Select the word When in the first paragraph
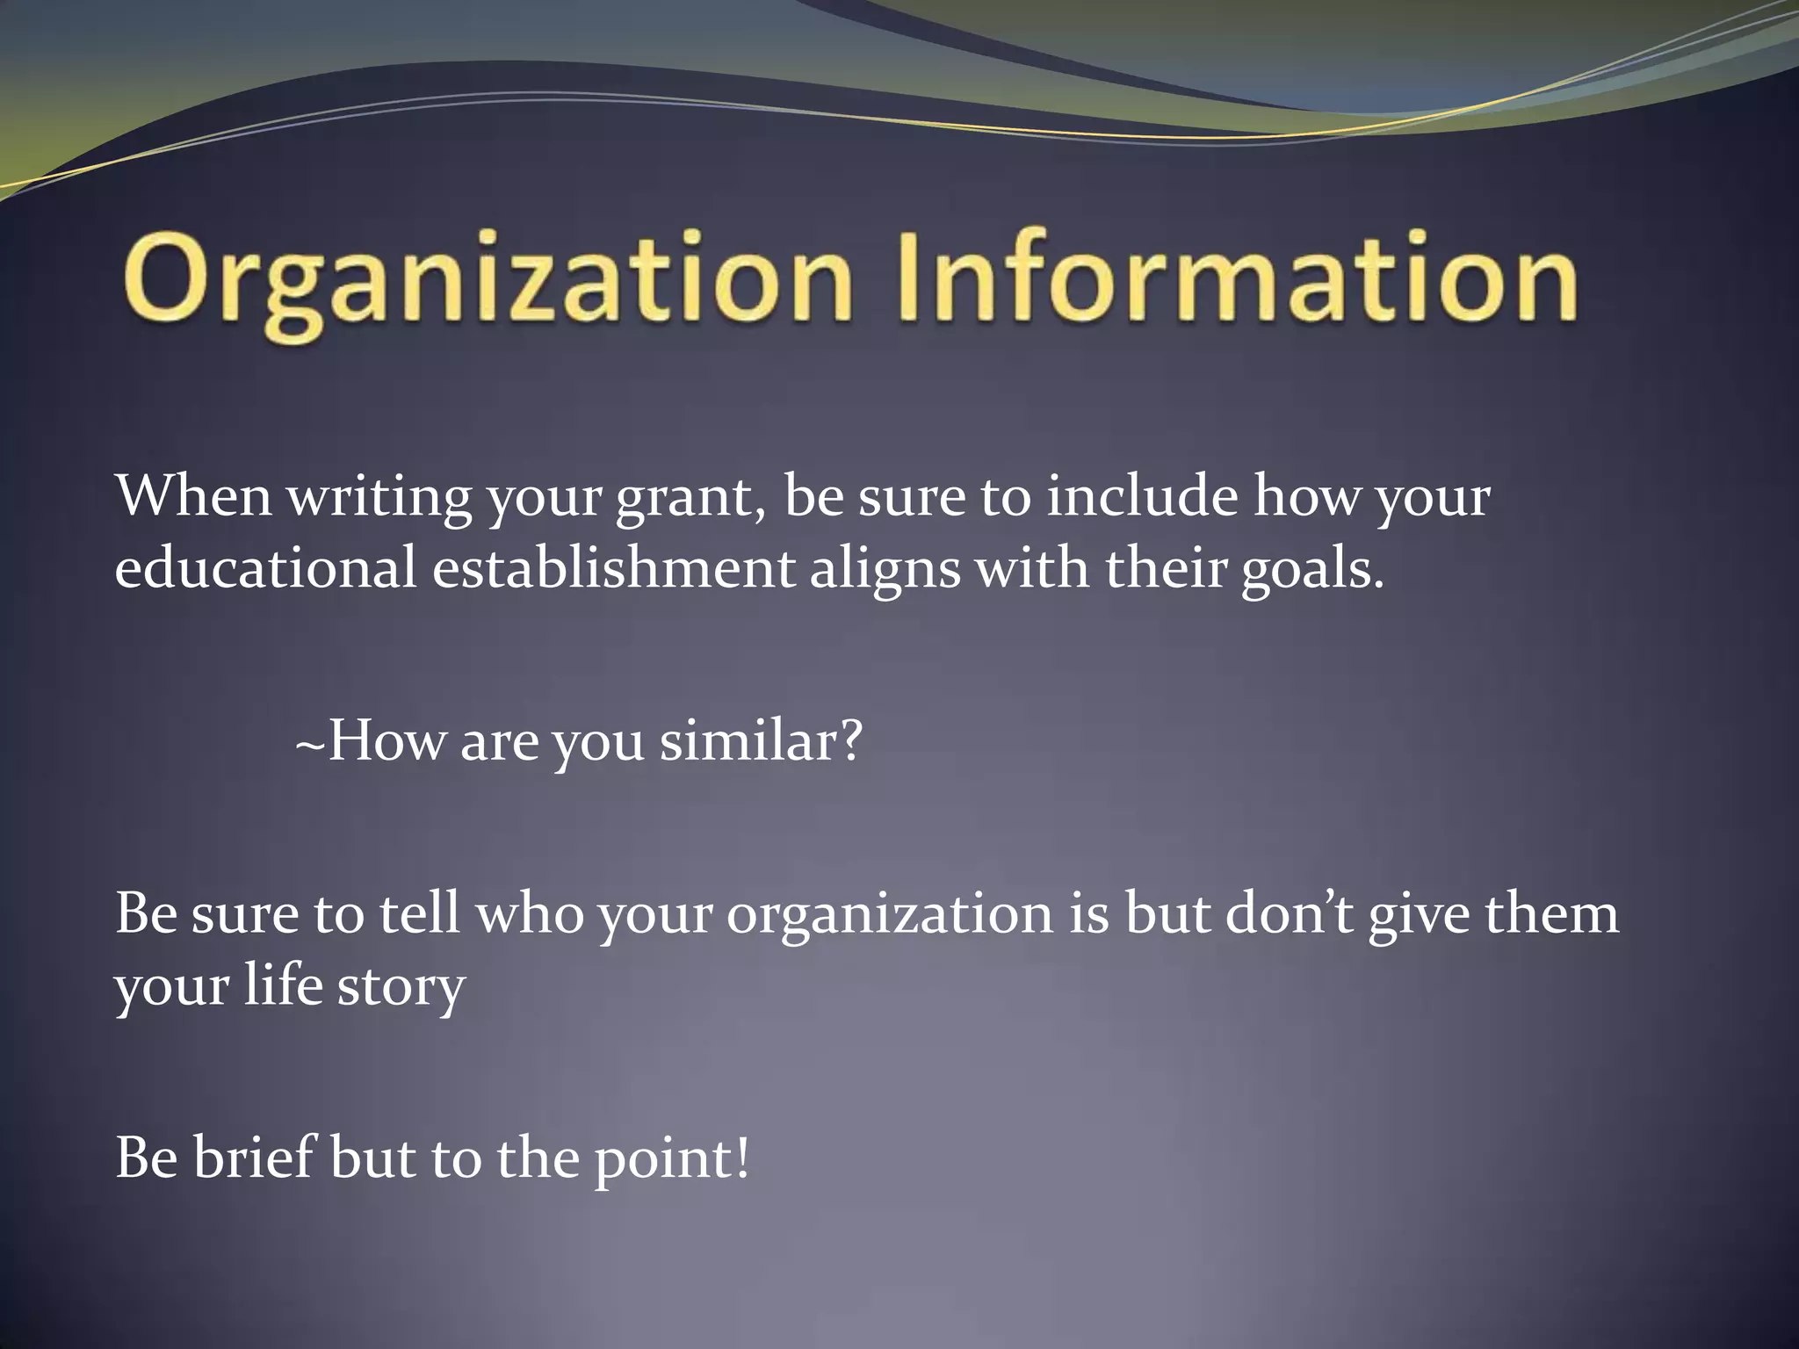coord(193,496)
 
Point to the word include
coord(1141,496)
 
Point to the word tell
coord(420,913)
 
